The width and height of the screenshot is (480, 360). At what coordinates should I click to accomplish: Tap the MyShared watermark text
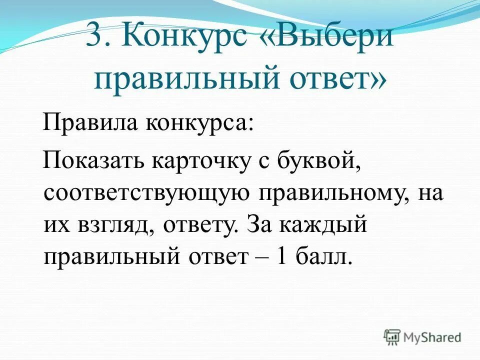click(x=432, y=337)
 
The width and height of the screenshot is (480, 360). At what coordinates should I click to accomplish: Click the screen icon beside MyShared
click(x=392, y=337)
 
